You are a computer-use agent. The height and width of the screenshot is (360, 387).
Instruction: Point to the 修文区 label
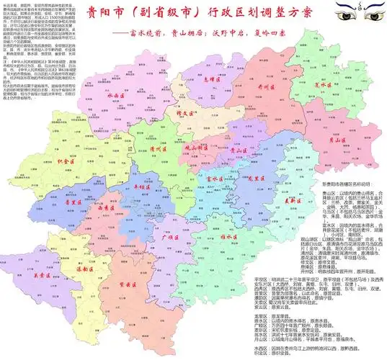tap(167, 114)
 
